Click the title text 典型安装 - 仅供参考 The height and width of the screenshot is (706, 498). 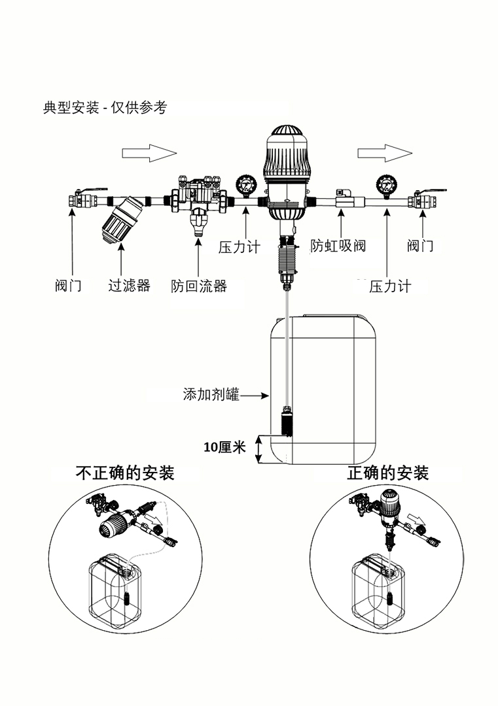click(105, 107)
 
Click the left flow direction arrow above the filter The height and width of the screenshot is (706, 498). click(149, 153)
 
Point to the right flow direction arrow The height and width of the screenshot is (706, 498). click(384, 153)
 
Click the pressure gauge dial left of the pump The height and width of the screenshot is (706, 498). click(245, 185)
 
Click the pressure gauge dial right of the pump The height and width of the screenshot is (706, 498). click(384, 185)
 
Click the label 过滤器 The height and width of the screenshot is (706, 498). click(129, 286)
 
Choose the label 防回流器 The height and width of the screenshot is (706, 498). click(199, 286)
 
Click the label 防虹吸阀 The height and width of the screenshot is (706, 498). click(338, 246)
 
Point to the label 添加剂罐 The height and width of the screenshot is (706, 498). click(211, 395)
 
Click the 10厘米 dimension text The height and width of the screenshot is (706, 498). click(224, 448)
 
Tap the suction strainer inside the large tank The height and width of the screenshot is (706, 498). click(286, 422)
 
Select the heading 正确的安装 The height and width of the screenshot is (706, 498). click(388, 473)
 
